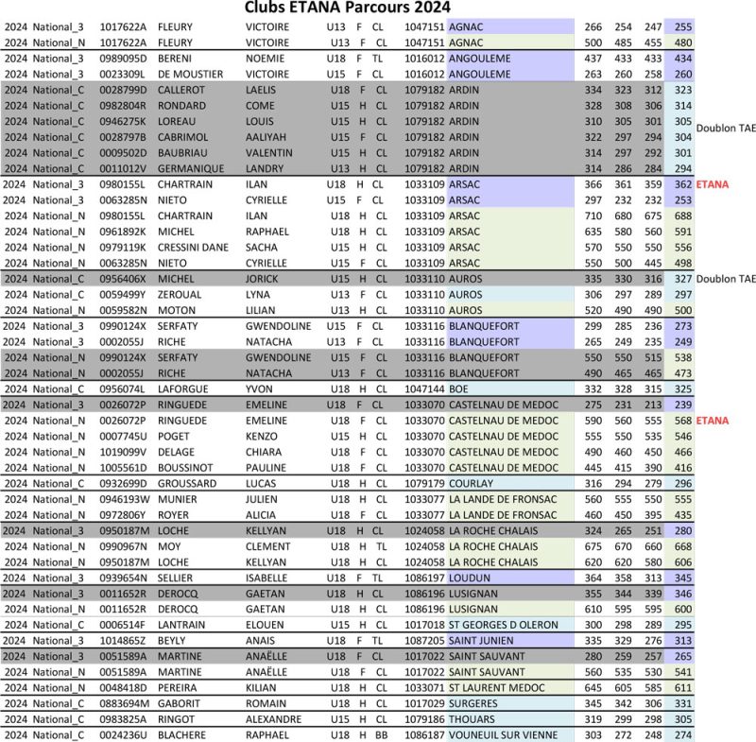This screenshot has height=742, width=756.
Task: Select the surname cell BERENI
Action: click(x=174, y=58)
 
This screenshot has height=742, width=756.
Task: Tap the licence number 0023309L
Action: click(x=123, y=74)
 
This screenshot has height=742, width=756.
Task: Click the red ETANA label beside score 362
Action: click(x=713, y=184)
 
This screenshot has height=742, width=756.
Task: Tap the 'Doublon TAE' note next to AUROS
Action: click(x=726, y=279)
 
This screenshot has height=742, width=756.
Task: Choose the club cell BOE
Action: click(x=458, y=388)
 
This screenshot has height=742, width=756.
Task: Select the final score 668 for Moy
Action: click(x=680, y=546)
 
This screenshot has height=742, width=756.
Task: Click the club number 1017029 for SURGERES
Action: click(x=423, y=703)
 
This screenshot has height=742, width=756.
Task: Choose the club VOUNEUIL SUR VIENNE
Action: click(x=508, y=734)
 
